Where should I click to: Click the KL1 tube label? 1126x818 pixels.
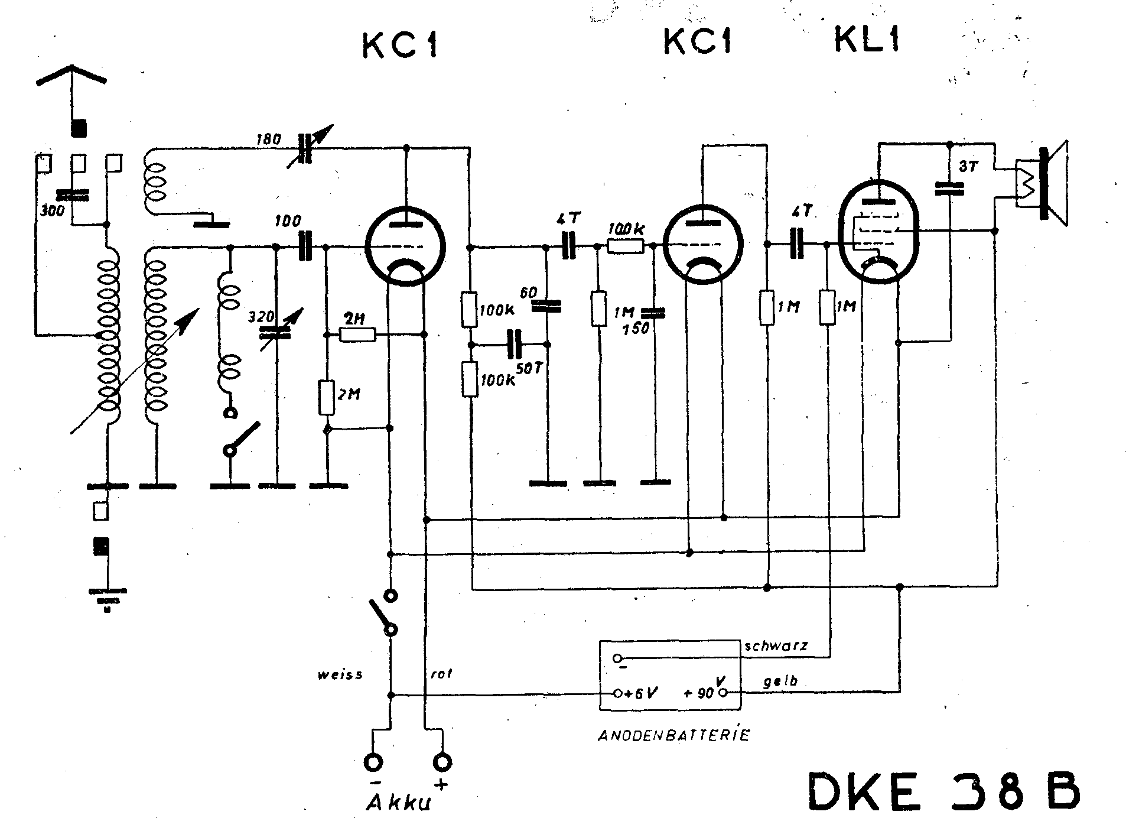click(x=867, y=40)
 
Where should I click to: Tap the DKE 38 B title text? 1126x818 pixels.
click(x=944, y=791)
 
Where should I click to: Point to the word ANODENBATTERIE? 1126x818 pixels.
click(x=674, y=736)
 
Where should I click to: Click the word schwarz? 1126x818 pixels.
click(x=776, y=646)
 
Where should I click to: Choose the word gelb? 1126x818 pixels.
click(x=780, y=681)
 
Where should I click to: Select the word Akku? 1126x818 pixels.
click(x=400, y=803)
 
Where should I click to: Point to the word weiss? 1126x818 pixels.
click(x=340, y=674)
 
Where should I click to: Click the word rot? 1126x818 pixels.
click(x=441, y=673)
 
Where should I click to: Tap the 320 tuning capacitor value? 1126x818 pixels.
click(x=260, y=317)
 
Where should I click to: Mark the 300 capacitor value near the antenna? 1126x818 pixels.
click(x=52, y=210)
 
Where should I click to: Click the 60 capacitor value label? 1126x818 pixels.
click(x=529, y=292)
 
